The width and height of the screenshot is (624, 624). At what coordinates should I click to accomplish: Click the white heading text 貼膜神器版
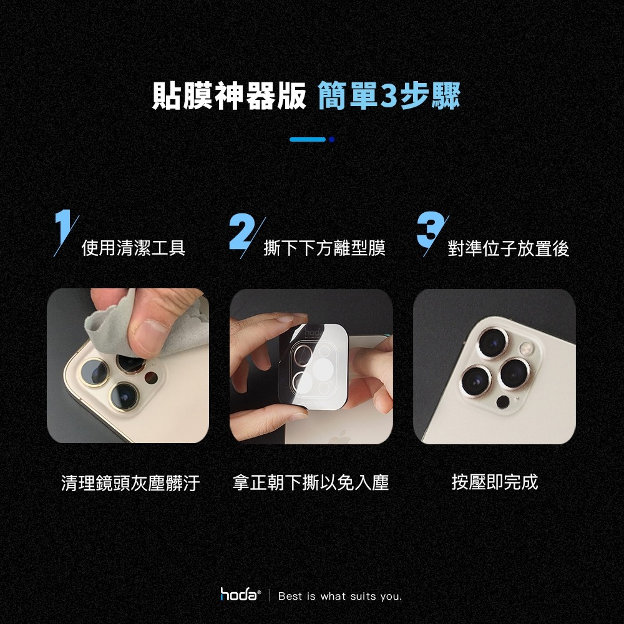click(230, 96)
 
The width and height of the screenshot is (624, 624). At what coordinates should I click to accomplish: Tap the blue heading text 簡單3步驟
click(389, 96)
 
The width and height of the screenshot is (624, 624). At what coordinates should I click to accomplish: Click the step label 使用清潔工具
click(134, 249)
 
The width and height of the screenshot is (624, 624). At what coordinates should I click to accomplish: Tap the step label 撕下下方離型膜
click(324, 249)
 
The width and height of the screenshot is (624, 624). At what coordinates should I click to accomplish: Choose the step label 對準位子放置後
click(509, 249)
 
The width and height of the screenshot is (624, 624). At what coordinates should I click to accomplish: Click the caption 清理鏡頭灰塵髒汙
click(130, 482)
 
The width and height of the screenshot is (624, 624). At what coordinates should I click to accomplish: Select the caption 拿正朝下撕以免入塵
click(311, 482)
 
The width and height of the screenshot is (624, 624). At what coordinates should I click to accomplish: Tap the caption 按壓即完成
click(494, 482)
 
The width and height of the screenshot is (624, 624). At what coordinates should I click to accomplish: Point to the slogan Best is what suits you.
click(340, 597)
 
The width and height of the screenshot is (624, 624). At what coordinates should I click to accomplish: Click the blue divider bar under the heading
click(308, 139)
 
